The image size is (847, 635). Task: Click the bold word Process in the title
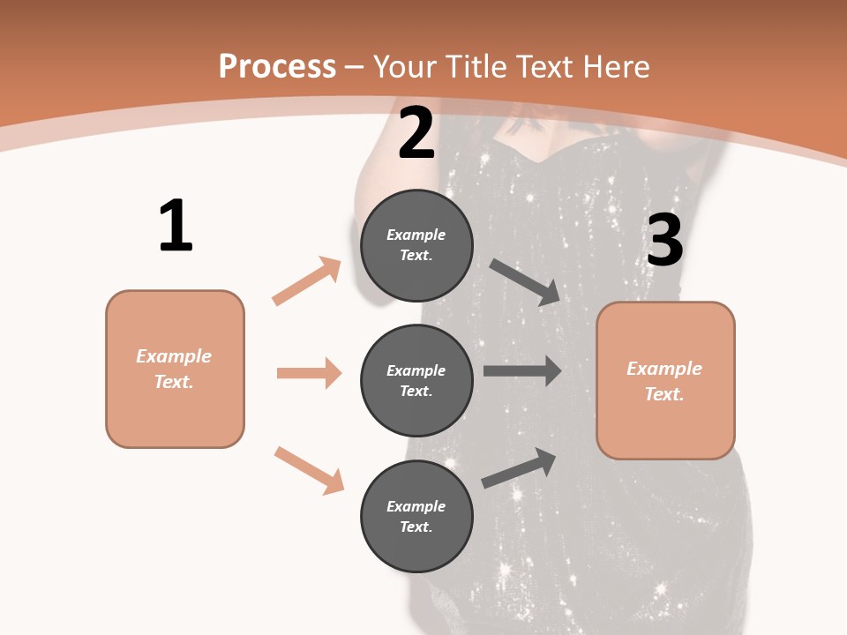(277, 67)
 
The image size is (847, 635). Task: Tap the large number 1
(176, 226)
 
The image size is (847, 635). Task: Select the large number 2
(416, 133)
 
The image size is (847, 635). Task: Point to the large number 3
(664, 241)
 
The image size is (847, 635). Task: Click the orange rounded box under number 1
(175, 369)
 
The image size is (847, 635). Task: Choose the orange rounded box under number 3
(665, 380)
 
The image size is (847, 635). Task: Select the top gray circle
(416, 245)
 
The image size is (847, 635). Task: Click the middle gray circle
(416, 380)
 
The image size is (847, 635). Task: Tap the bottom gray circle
(416, 516)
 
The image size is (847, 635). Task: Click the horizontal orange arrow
(309, 373)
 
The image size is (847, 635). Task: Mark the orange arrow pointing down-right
(309, 469)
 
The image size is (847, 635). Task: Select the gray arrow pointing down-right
(525, 281)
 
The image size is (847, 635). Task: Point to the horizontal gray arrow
(522, 371)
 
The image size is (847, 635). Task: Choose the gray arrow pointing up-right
(519, 468)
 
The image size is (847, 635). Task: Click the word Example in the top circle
(416, 235)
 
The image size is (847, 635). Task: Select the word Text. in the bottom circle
(416, 527)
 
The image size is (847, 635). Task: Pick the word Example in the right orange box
(664, 369)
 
